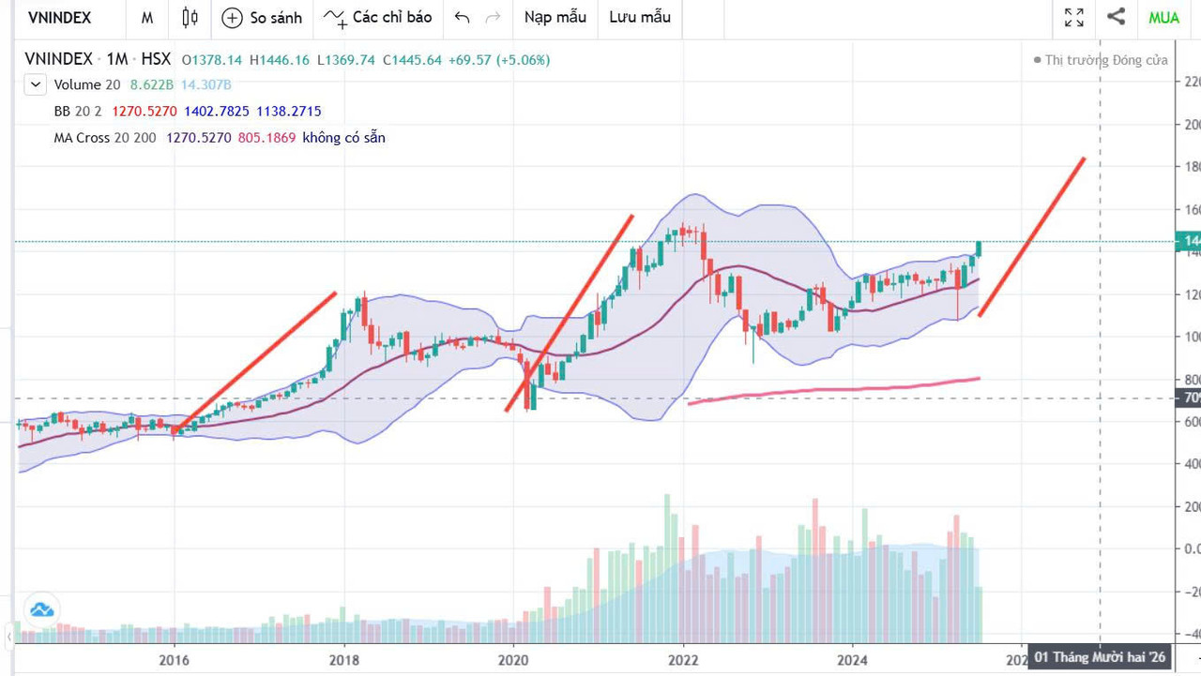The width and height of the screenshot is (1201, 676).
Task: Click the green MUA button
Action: coord(1163,17)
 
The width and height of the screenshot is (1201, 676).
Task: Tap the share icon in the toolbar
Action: coord(1116,17)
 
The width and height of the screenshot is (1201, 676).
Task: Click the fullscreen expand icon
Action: coord(1074,17)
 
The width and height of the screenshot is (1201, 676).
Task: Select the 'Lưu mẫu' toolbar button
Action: coord(640,17)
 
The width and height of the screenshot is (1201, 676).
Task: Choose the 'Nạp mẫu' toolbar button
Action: coord(555,17)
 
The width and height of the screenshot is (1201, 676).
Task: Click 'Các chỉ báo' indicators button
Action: coord(378,17)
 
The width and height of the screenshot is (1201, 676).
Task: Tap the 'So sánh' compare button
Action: coord(263,17)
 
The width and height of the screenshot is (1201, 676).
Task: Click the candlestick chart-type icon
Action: coord(190,17)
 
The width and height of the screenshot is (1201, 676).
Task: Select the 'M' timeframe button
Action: coord(147,17)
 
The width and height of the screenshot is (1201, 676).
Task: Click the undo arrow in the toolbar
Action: coord(462,17)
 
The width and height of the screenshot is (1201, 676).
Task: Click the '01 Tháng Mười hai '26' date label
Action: coord(1100,657)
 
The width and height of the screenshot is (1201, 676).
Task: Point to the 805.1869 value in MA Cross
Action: coord(266,138)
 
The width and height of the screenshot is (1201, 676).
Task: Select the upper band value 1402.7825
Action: coord(217,112)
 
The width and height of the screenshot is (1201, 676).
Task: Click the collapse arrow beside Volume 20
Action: coord(36,85)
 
